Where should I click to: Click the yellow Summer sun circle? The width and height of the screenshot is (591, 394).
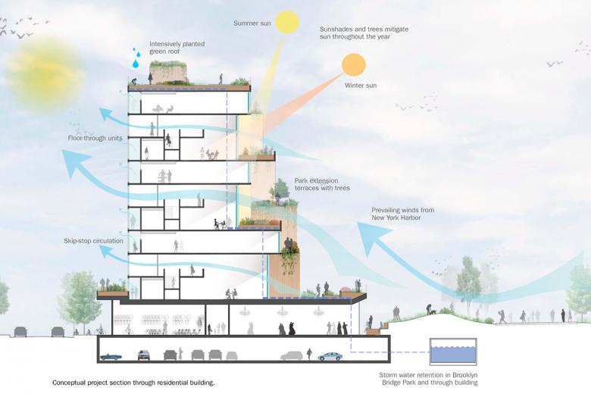pos(287,21)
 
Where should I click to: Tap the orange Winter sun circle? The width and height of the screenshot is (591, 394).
pos(354,65)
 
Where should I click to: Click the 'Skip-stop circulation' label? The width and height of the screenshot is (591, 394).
pos(93,241)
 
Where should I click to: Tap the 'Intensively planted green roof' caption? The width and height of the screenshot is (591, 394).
pos(177,48)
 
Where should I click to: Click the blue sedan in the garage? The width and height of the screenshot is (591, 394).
pos(330,355)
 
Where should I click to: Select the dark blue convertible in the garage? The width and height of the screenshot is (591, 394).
pos(111,355)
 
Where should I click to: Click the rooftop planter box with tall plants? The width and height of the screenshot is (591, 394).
pos(168,74)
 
